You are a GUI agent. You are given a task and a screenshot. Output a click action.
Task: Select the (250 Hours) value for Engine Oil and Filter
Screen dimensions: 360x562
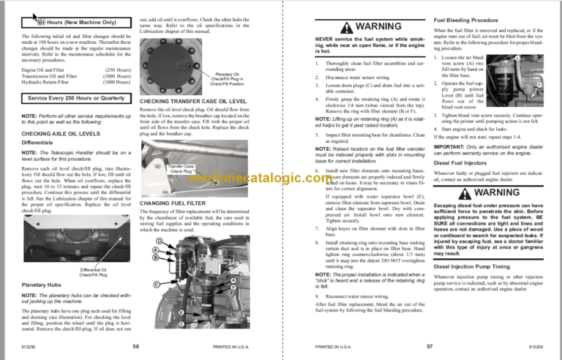pos(116,70)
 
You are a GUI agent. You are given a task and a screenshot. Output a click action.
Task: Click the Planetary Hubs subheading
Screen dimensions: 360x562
pos(40,284)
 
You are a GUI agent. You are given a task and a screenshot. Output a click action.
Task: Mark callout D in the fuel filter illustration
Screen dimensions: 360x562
pos(159,241)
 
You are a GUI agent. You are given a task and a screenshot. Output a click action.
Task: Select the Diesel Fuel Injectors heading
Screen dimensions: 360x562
pos(462,164)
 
